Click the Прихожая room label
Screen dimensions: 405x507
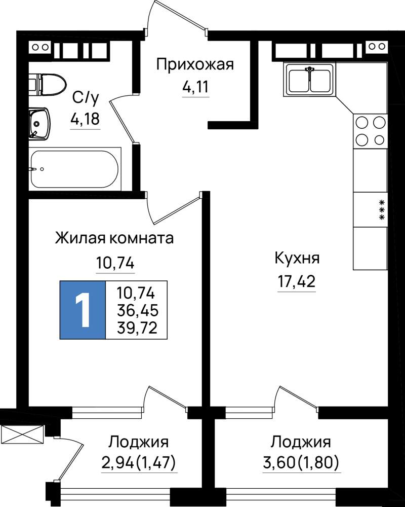click(x=195, y=65)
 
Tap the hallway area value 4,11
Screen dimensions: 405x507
click(x=196, y=87)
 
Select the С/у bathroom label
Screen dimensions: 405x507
click(x=85, y=98)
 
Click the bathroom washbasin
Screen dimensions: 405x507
click(x=39, y=124)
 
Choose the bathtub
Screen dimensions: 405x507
click(x=74, y=169)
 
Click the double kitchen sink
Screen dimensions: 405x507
click(x=309, y=80)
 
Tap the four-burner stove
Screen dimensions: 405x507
click(x=370, y=131)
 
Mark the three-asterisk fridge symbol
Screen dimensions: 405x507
click(x=382, y=210)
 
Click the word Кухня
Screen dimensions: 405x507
click(x=297, y=259)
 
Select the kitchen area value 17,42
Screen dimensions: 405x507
click(x=297, y=281)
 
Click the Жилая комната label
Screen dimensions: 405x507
click(x=114, y=239)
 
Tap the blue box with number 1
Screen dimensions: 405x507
click(x=83, y=310)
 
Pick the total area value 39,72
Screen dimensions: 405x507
click(x=137, y=328)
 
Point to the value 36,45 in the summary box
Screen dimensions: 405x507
click(x=138, y=311)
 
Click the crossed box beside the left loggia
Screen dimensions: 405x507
click(x=22, y=434)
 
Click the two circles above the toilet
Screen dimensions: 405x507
click(x=40, y=47)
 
